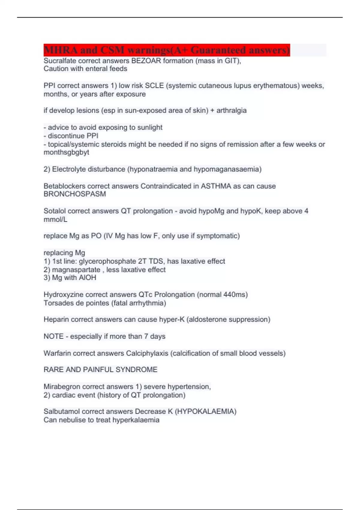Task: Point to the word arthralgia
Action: (x=231, y=111)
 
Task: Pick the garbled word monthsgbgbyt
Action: (x=66, y=152)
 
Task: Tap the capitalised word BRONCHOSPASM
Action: (x=75, y=194)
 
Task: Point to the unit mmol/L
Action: (x=55, y=220)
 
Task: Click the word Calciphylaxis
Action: (x=147, y=353)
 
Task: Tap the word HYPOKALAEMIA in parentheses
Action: (x=205, y=412)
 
